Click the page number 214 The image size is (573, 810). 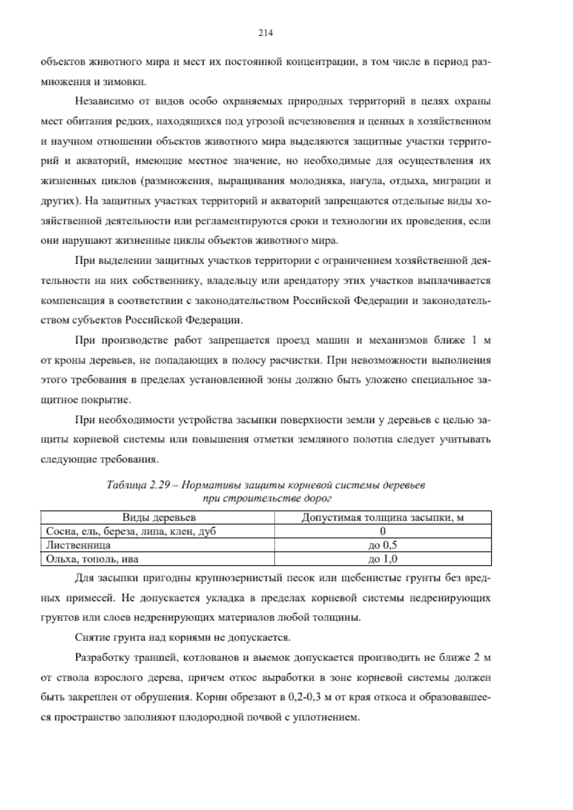coord(265,33)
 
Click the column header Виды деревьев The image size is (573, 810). coord(159,518)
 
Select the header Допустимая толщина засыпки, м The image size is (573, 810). coord(383,518)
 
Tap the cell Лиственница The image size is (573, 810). coord(78,545)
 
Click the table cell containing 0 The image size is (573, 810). coord(383,532)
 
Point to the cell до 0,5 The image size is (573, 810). coord(383,545)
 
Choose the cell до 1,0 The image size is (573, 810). coord(383,559)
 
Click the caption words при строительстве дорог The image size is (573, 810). coord(266,498)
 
